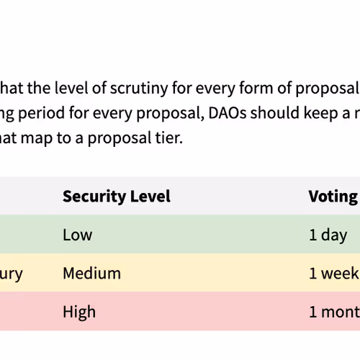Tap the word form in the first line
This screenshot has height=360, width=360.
point(271,89)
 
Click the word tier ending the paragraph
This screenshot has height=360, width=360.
point(168,137)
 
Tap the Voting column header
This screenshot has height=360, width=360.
point(333,196)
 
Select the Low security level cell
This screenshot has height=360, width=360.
point(78,235)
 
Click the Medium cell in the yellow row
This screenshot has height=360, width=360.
point(91,274)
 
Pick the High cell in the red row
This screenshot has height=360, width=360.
point(79,312)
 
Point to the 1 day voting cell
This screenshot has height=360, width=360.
point(328,235)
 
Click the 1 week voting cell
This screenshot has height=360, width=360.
point(333,274)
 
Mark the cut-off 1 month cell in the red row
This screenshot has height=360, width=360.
point(333,312)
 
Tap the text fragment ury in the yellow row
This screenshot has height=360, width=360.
point(12,274)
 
